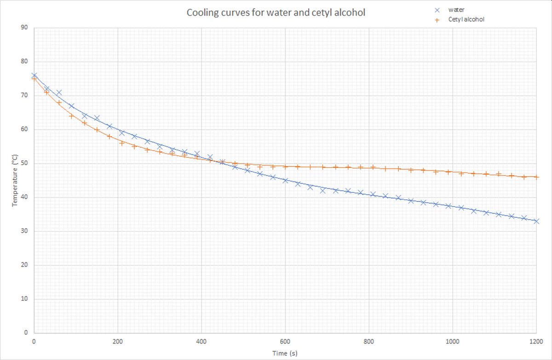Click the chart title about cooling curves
click(x=276, y=12)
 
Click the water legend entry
click(x=456, y=10)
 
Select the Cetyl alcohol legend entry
click(x=466, y=19)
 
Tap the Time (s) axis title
click(x=285, y=353)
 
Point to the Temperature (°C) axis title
click(x=16, y=180)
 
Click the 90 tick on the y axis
click(x=24, y=28)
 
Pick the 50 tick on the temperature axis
click(x=24, y=163)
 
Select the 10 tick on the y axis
click(x=24, y=299)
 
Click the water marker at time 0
click(x=34, y=75)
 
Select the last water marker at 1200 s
click(x=536, y=221)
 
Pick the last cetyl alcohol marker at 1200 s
click(x=536, y=177)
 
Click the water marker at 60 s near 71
click(x=59, y=92)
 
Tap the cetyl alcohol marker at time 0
click(x=34, y=79)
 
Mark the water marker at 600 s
click(x=285, y=180)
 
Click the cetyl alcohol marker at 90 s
click(x=71, y=116)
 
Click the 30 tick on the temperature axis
click(x=24, y=231)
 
